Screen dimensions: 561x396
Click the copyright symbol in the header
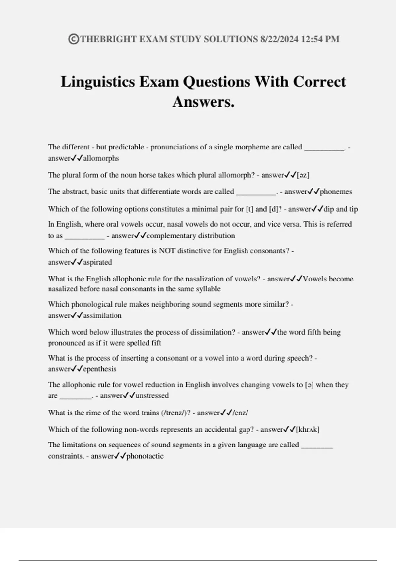pos(73,39)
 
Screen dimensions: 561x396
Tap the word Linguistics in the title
pos(98,82)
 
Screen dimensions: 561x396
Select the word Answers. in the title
pos(203,102)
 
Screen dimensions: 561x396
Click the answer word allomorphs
pos(101,158)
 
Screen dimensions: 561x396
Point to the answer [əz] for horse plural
pos(303,175)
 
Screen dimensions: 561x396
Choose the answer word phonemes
pos(336,192)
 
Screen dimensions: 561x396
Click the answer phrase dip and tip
pos(341,209)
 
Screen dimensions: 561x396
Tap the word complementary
pos(171,236)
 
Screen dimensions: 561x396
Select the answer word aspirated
pos(97,262)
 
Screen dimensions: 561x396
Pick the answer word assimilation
pos(102,315)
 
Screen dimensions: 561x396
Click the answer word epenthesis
pos(99,369)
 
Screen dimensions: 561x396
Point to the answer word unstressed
pos(152,396)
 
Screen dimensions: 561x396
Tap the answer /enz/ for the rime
pos(241,413)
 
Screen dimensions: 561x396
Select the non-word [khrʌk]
pos(308,430)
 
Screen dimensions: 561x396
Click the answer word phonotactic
pos(145,456)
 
